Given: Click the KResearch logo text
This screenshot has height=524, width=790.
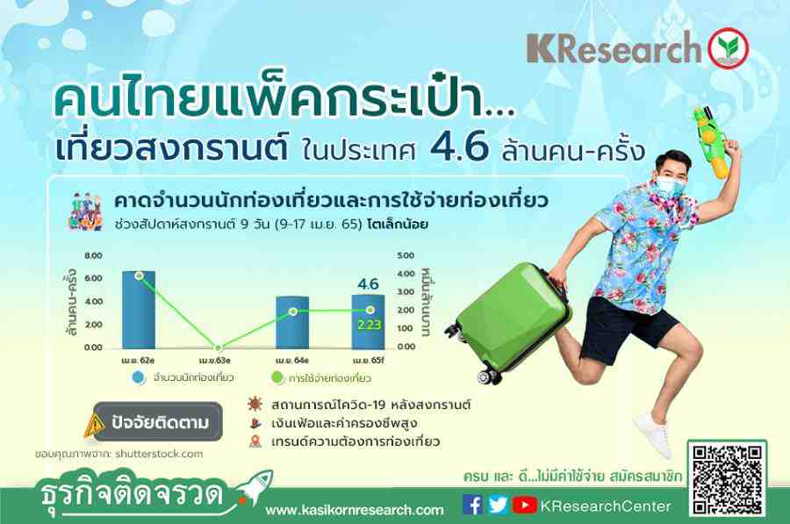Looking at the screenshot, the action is (614, 48).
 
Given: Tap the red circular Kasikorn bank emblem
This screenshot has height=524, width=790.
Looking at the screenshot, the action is (728, 48).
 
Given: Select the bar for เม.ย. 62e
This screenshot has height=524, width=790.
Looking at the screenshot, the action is (139, 310).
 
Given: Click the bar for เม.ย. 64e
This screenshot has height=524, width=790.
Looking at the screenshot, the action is (292, 322).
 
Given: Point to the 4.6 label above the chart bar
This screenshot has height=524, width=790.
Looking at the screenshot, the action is (369, 284).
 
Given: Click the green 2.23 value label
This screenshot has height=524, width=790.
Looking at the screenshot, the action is (370, 325).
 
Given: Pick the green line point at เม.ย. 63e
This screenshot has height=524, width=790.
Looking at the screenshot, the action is (218, 348).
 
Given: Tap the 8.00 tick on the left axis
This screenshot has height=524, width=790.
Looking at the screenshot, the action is (93, 255).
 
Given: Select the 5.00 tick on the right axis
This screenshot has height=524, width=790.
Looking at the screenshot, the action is (406, 255).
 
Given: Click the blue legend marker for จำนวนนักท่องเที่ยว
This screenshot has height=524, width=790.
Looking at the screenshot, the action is (139, 377).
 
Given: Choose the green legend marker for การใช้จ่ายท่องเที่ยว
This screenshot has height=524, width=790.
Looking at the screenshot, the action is (277, 377).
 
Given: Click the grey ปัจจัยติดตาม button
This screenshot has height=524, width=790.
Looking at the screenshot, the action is (158, 421).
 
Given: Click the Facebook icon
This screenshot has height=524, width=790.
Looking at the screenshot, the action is (472, 506).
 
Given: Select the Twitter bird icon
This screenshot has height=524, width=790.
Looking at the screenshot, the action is (498, 505).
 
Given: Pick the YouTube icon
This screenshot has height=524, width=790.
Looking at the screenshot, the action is (525, 506).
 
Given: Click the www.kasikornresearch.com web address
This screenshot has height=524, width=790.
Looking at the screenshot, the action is (355, 510).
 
